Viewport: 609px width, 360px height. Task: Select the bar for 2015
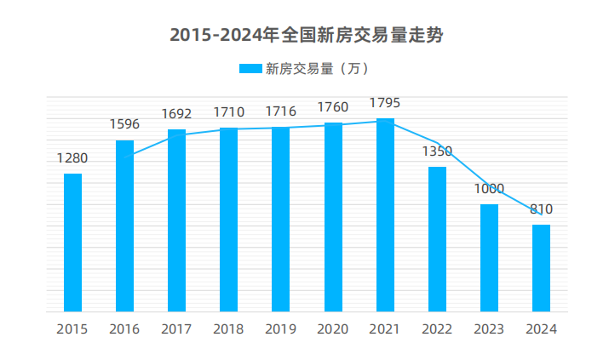point(73,243)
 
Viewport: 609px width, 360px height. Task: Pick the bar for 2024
point(541,268)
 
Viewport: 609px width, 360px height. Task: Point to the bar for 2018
point(228,220)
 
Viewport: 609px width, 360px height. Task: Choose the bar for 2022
point(437,239)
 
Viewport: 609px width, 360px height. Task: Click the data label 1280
point(72,158)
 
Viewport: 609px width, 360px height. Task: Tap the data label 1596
point(124,124)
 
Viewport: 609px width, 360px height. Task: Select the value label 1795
point(385,103)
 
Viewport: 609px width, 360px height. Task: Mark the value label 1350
point(437,151)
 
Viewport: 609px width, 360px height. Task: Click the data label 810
point(541,209)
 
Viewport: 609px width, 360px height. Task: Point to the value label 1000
point(489,189)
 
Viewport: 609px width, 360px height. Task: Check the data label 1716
point(280,111)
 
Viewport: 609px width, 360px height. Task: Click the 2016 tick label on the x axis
point(124,330)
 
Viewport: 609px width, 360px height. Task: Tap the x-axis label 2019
point(280,330)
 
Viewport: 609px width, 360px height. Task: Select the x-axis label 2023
point(489,330)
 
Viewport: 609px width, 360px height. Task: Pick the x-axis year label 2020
point(333,330)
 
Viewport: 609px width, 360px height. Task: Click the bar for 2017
point(176,220)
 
